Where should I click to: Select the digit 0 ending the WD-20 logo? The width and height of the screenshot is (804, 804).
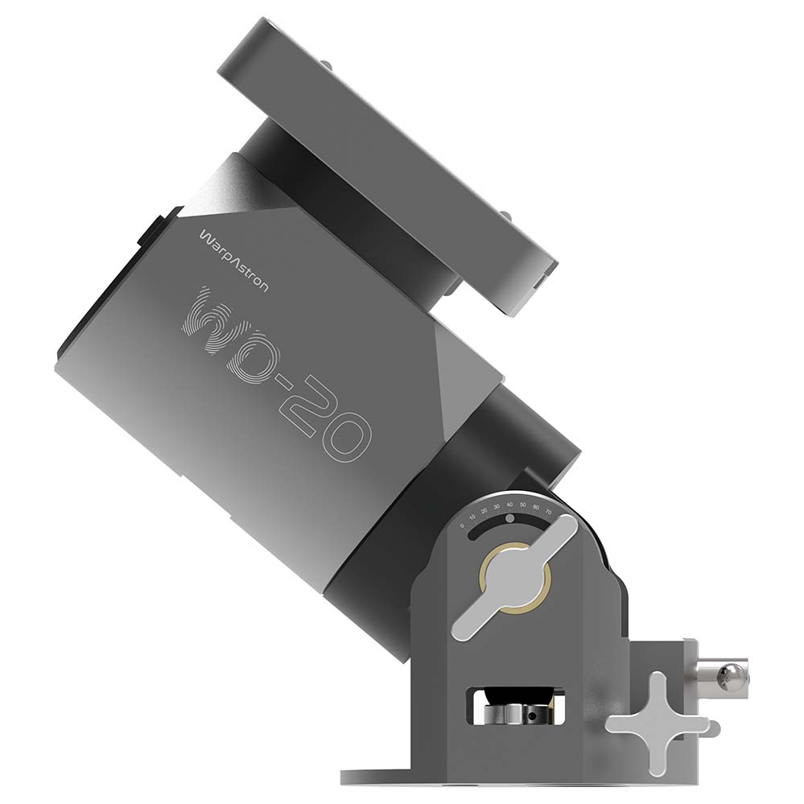pos(348,437)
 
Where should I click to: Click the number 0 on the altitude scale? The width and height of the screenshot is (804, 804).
pos(462,526)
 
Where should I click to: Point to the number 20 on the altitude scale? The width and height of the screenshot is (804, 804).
pos(484,512)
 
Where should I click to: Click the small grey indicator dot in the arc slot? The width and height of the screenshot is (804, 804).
pos(509,519)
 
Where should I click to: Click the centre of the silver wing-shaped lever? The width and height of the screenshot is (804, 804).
pos(513,578)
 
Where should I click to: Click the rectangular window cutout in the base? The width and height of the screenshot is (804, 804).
pos(515,706)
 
